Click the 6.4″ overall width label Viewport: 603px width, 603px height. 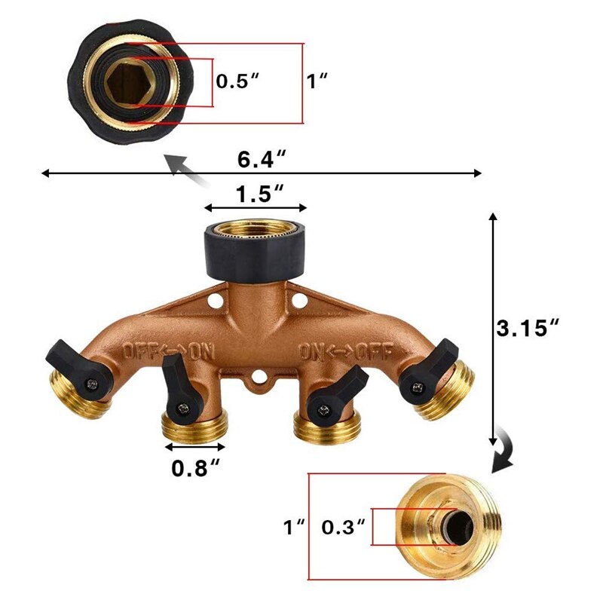(261, 160)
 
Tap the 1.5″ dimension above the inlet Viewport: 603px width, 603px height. (255, 194)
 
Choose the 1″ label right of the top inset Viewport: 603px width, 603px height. (317, 81)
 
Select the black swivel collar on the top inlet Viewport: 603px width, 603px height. (255, 253)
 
